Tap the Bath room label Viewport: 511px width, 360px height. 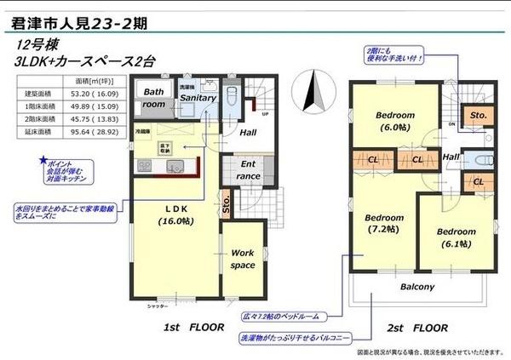tap(153, 98)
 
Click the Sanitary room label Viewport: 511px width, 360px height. tap(197, 98)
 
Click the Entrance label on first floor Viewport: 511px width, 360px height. tap(249, 169)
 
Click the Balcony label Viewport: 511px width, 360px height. tap(417, 286)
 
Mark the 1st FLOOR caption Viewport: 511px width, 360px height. tap(194, 326)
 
